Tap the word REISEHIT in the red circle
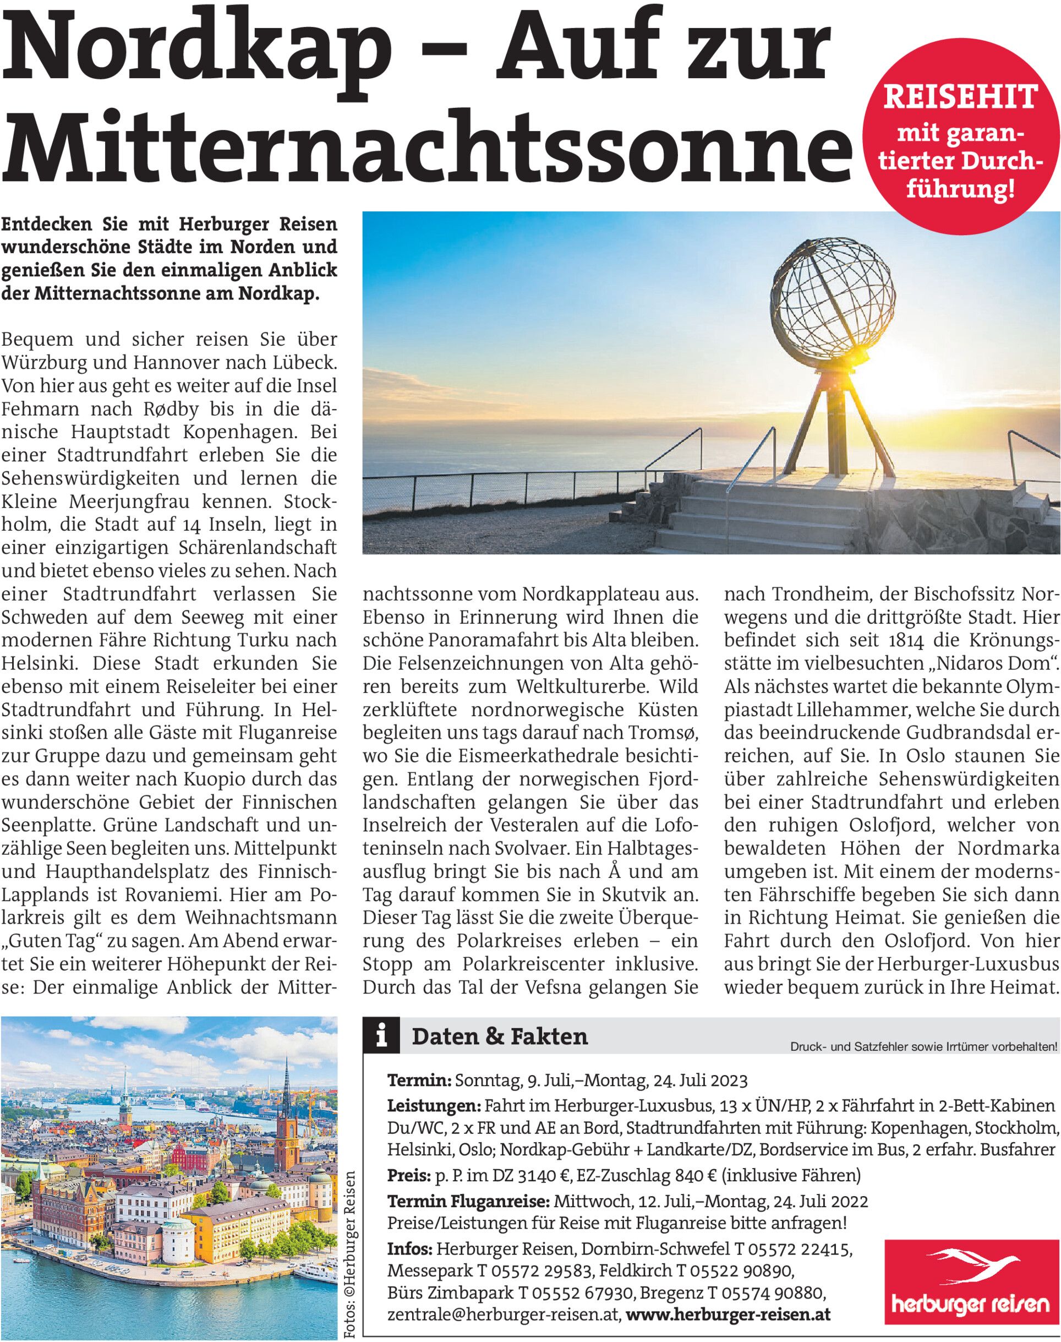tap(959, 98)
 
